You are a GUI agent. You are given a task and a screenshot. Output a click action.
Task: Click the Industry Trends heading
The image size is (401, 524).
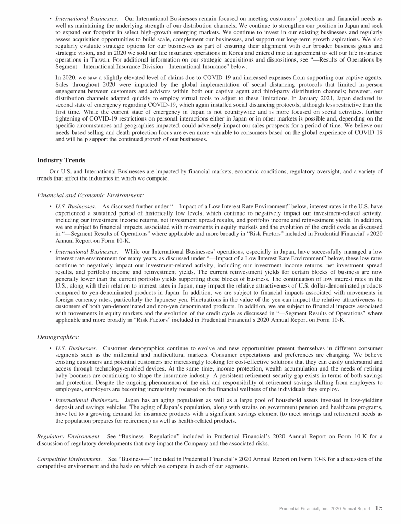(x=61, y=160)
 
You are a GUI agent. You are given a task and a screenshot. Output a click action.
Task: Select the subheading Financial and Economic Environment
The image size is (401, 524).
(x=90, y=195)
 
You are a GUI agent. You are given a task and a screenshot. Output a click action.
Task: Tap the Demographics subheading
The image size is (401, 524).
(x=58, y=337)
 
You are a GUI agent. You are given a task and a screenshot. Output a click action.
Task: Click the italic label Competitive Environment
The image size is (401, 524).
(x=69, y=459)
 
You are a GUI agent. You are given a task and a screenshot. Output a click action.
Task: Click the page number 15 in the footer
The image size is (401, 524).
(x=379, y=508)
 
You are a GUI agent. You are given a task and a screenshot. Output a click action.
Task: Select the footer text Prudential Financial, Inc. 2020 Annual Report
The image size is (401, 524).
(x=324, y=508)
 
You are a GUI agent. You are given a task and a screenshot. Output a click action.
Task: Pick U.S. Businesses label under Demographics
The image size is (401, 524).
(x=76, y=348)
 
